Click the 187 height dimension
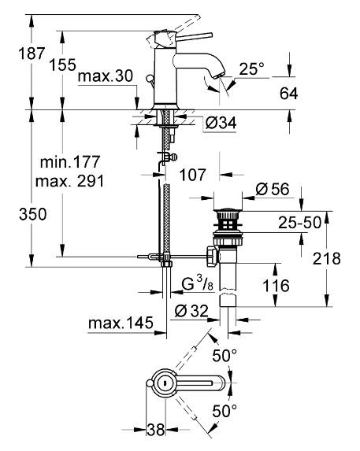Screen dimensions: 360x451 coord(32,54)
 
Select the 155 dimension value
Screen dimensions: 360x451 coord(62,65)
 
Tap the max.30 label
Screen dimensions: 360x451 coord(106,76)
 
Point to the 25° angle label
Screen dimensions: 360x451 coord(251,68)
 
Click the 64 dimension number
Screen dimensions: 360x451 coord(289,94)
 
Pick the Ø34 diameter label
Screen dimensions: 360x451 coord(221,123)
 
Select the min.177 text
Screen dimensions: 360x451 coord(70,162)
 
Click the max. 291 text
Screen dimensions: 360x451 coord(69,181)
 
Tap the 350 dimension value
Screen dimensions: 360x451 coord(32,214)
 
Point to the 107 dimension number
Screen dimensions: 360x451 coord(192,175)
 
